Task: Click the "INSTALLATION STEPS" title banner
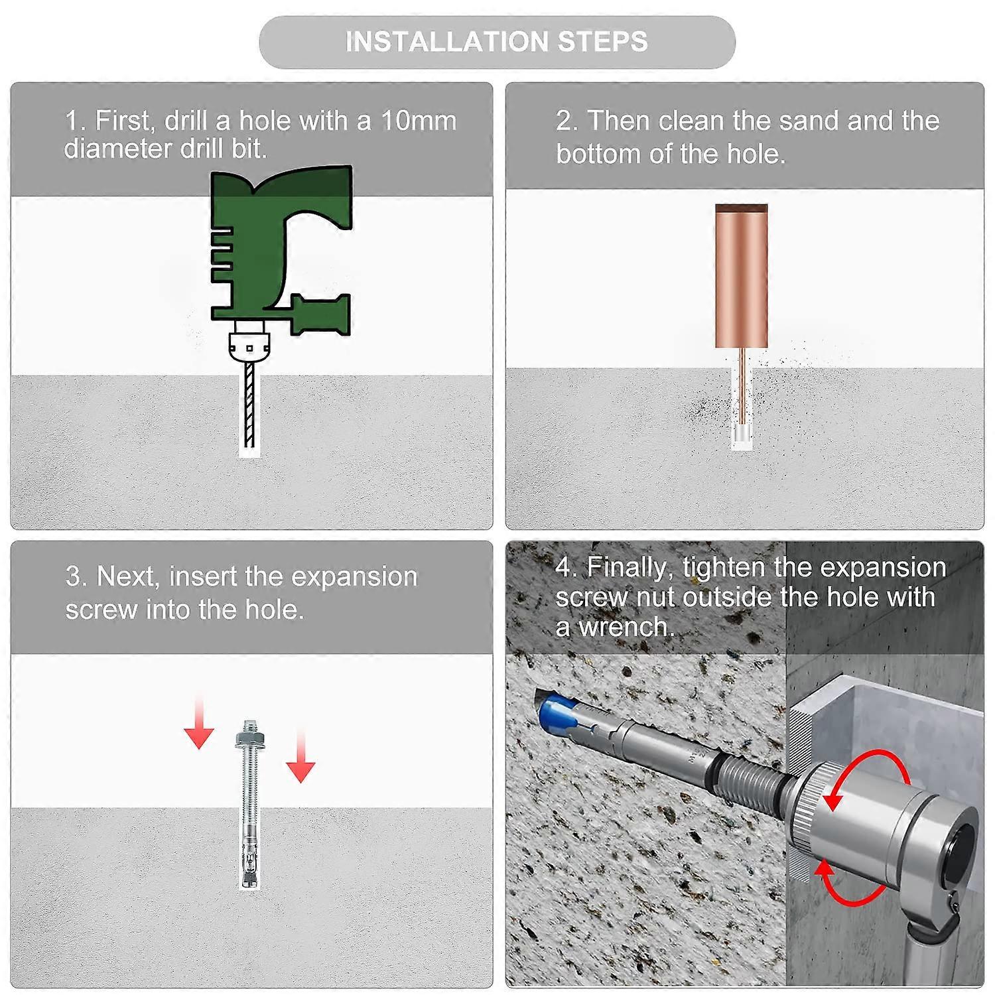497,42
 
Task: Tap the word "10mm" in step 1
419,121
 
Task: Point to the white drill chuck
249,342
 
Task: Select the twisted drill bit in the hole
249,404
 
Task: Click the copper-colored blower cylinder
742,276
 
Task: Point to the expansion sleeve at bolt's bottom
249,862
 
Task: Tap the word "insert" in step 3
203,576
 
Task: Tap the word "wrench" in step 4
624,627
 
